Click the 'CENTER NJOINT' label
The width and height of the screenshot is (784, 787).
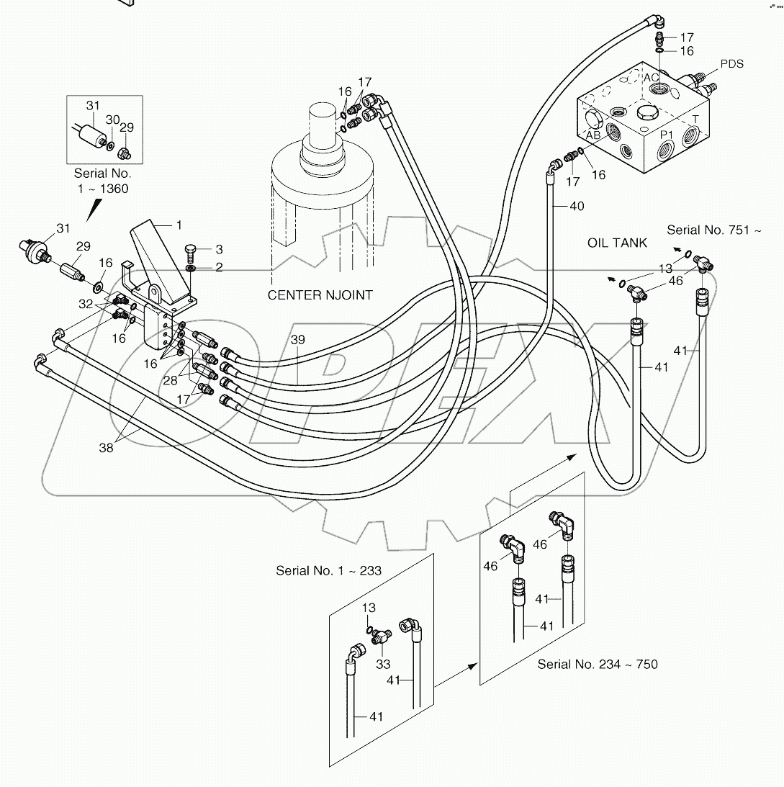point(320,295)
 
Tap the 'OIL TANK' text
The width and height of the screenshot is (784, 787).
point(618,243)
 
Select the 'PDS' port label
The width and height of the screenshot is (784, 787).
point(731,64)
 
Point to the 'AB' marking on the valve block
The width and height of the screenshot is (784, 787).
point(592,135)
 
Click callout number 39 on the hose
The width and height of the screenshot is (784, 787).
point(297,338)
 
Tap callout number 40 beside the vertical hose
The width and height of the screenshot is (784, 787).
point(576,207)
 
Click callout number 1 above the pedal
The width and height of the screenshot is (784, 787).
point(179,225)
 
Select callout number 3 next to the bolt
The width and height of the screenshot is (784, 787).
point(218,249)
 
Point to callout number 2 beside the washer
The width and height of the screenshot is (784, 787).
point(219,268)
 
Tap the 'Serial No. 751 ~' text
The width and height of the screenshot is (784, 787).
point(713,230)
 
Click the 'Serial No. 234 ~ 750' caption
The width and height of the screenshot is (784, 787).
point(597,664)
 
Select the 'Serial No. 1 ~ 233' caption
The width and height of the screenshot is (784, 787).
point(328,570)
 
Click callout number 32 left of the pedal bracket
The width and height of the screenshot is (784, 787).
point(85,304)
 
